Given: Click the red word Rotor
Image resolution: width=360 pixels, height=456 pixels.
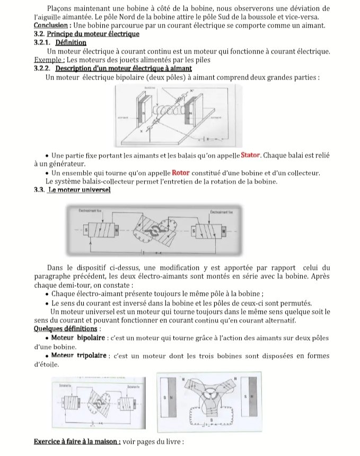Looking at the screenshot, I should click(181, 173).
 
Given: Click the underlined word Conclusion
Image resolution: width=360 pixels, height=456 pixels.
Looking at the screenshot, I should click(50, 25).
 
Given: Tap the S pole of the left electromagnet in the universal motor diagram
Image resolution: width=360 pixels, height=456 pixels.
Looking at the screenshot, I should click(86, 231).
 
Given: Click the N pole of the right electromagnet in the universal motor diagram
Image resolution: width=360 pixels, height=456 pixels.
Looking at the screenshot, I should click(223, 232).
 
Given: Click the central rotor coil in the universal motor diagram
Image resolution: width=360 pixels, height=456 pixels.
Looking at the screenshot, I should click(154, 232).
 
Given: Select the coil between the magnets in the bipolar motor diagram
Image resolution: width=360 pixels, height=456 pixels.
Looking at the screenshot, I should click(164, 111).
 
